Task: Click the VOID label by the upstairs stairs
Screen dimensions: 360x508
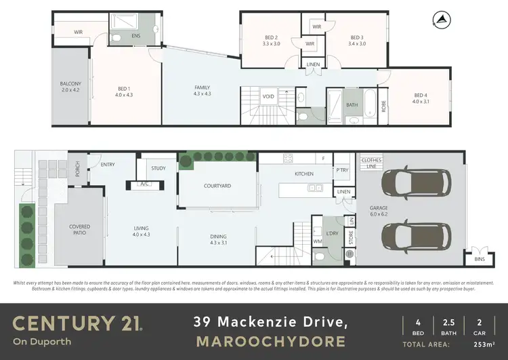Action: [x=269, y=96]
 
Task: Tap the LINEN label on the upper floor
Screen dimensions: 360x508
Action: [x=312, y=64]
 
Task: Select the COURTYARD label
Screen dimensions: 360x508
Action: [x=217, y=186]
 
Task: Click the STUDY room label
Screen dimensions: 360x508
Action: [x=158, y=168]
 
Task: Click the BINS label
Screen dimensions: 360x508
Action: [x=480, y=259]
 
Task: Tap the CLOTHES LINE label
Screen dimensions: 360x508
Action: [x=372, y=163]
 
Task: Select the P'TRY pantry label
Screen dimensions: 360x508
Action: [x=342, y=171]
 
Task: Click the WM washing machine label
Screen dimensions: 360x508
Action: [x=317, y=241]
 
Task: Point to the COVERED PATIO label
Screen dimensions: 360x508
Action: [x=79, y=230]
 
